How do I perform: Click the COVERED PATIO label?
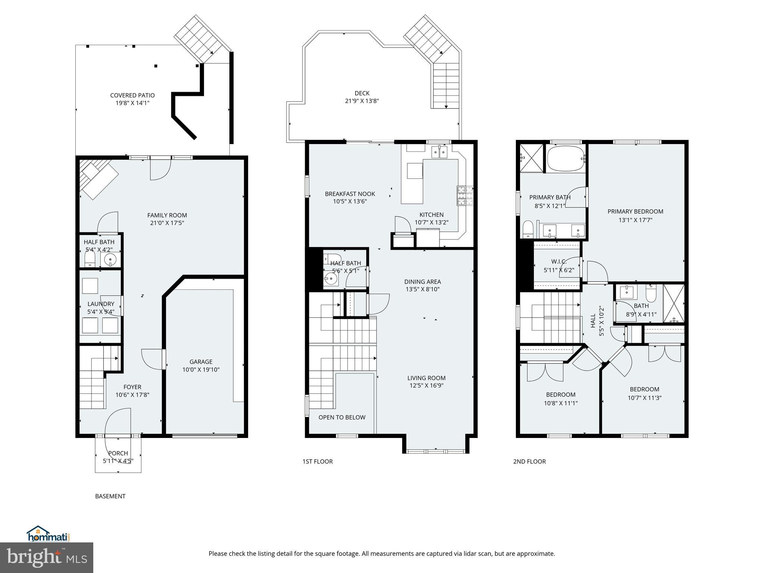coord(132,95)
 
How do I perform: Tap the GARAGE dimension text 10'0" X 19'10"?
coord(201,370)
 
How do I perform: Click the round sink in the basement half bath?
coord(110,259)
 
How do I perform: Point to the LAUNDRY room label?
coord(101,304)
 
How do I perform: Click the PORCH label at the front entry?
coord(118,453)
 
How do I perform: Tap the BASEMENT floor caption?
coord(110,496)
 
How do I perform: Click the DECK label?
coord(362,93)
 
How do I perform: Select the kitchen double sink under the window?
coord(439,152)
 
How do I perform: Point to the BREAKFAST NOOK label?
coord(350,194)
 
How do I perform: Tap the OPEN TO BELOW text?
coord(342,417)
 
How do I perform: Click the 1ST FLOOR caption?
coord(317,461)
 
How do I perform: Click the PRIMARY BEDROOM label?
coord(635,212)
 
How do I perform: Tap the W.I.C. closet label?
coord(558,262)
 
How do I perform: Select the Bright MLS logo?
coord(47,558)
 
